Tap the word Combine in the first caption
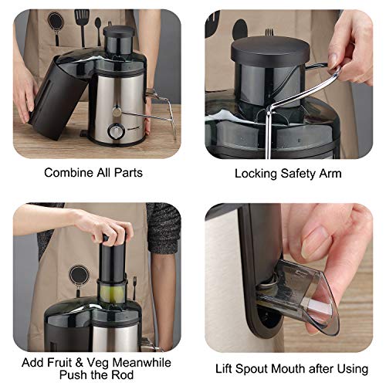coord(64,173)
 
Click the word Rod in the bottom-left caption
coord(122,374)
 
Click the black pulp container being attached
coord(58,97)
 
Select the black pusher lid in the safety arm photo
coord(270,52)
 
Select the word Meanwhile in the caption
coord(142,363)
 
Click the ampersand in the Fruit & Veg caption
coord(80,363)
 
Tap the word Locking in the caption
coord(256,174)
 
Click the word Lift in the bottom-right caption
coord(224,369)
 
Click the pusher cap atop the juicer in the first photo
coord(119,31)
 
